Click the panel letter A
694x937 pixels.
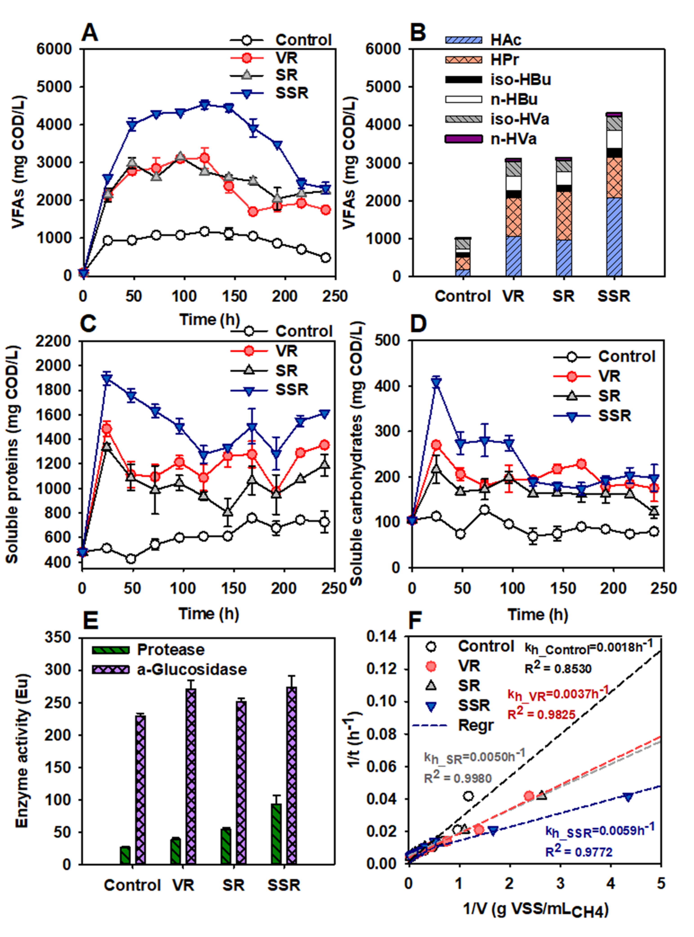(x=90, y=33)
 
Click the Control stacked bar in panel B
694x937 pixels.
(x=463, y=257)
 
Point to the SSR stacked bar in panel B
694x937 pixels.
(x=614, y=194)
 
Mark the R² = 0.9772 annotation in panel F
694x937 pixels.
(x=579, y=852)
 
